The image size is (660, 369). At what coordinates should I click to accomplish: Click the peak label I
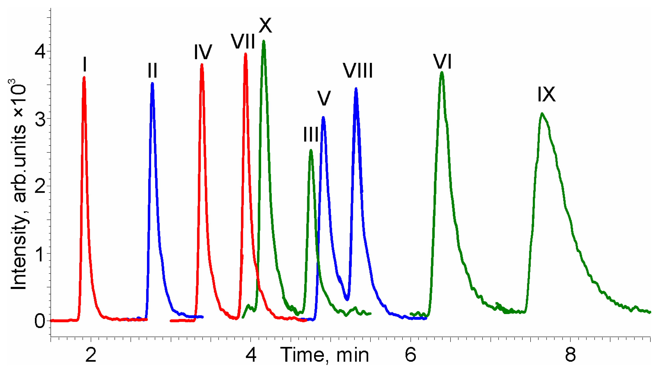point(85,65)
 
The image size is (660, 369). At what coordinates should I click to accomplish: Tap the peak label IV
point(203,52)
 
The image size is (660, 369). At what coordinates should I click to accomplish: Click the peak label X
point(265,25)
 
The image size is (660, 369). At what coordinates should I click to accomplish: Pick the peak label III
point(311,135)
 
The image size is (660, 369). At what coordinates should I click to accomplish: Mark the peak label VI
point(442,61)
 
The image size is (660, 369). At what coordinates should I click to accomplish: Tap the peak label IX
point(546,95)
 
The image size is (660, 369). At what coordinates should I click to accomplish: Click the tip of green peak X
point(263,41)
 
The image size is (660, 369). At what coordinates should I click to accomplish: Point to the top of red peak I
point(84,77)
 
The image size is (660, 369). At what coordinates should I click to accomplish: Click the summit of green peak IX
point(542,113)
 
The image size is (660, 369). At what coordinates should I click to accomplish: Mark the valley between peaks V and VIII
point(347,299)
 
